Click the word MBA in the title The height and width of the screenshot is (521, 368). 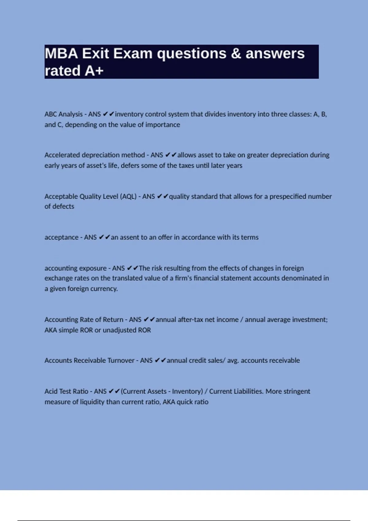coord(61,54)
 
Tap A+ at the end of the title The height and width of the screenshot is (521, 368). coord(94,71)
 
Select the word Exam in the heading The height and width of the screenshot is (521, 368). coord(133,54)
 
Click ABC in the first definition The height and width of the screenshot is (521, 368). coord(51,114)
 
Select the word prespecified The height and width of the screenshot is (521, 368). coord(288,196)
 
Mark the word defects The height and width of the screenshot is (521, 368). coord(64,207)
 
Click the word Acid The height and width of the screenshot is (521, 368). coord(51,391)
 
